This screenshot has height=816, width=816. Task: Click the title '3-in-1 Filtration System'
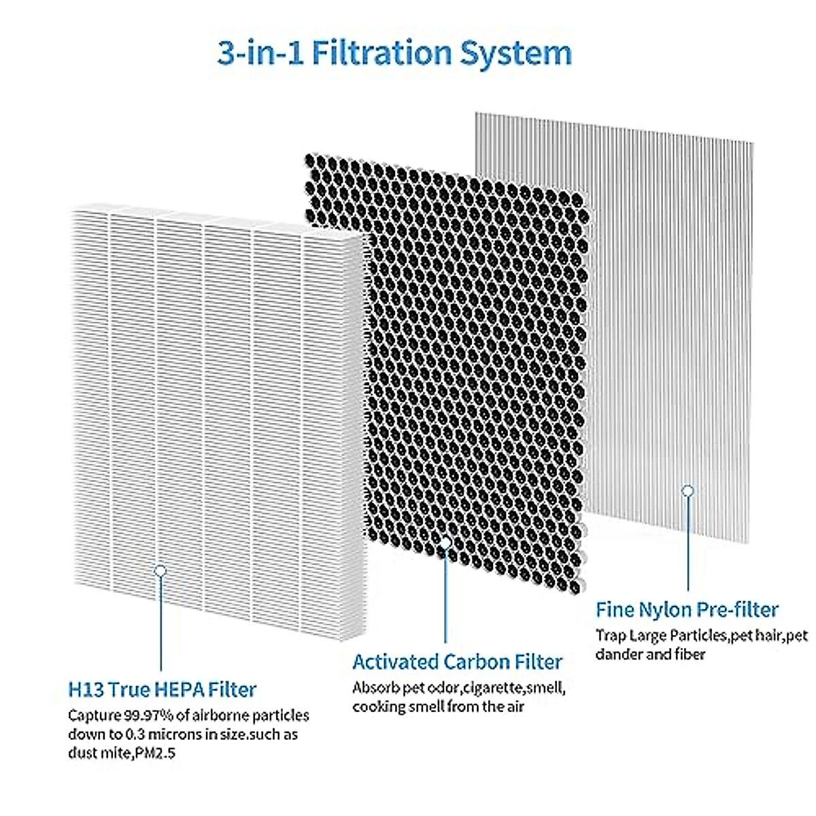click(394, 53)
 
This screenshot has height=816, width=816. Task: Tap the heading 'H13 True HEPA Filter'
click(162, 689)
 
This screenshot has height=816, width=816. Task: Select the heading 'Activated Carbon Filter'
click(457, 661)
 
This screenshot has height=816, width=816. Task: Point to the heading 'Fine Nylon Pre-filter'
click(687, 609)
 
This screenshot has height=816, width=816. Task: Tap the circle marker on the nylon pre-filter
click(687, 490)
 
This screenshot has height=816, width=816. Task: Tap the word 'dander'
click(617, 654)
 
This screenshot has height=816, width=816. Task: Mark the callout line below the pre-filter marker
click(687, 544)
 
